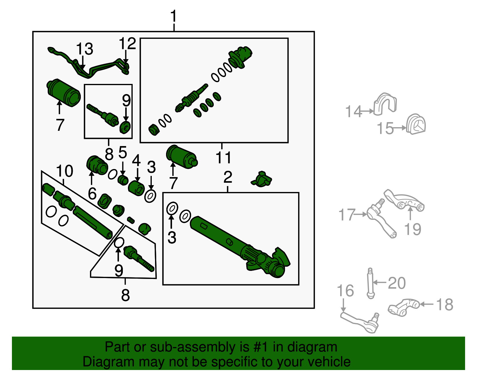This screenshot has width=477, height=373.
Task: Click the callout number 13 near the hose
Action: (x=84, y=49)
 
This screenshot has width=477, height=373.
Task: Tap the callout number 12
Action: (x=127, y=44)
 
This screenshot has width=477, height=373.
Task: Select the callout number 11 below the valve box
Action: (x=223, y=157)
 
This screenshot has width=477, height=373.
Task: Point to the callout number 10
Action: (x=64, y=171)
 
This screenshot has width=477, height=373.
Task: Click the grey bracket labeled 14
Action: (x=385, y=104)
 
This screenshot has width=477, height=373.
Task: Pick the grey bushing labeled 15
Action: (x=416, y=124)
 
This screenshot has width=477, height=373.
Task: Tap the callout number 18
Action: (x=445, y=305)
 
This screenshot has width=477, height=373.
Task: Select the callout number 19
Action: (x=413, y=229)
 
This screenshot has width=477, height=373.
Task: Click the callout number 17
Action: (x=347, y=215)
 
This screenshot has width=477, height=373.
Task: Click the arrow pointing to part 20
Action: (x=380, y=282)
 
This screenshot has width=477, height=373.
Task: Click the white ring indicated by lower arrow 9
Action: (x=119, y=243)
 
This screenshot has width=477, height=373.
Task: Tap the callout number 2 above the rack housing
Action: (x=228, y=177)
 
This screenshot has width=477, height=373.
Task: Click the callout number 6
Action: (x=92, y=194)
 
